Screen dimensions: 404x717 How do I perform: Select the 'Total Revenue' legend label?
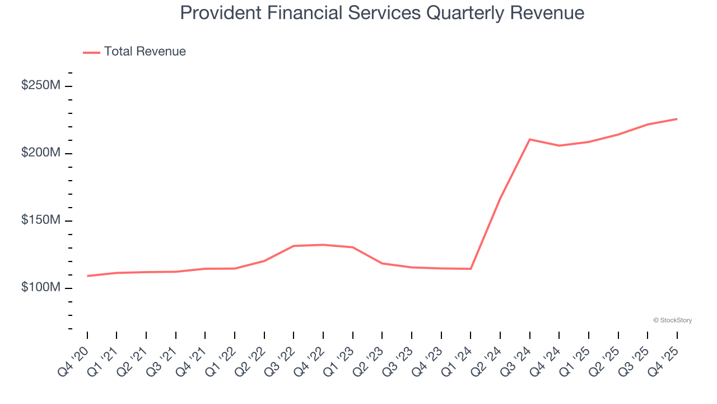pyautogui.click(x=145, y=52)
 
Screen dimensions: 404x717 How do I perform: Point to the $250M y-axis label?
pyautogui.click(x=41, y=86)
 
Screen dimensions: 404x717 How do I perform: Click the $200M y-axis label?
pyautogui.click(x=41, y=153)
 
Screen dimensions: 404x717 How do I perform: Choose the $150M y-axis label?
pyautogui.click(x=41, y=221)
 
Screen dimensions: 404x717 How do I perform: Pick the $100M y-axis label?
pyautogui.click(x=41, y=287)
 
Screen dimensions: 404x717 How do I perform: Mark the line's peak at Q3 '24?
pyautogui.click(x=529, y=139)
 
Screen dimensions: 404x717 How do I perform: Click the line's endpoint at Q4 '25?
pyautogui.click(x=677, y=119)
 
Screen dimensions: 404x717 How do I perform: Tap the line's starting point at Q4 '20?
pyautogui.click(x=87, y=276)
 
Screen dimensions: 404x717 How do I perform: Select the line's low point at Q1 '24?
pyautogui.click(x=471, y=269)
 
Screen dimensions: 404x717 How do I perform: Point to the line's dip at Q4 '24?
pyautogui.click(x=559, y=146)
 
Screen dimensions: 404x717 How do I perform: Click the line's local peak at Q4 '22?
pyautogui.click(x=323, y=245)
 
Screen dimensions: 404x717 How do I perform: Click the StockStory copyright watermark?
pyautogui.click(x=672, y=320)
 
